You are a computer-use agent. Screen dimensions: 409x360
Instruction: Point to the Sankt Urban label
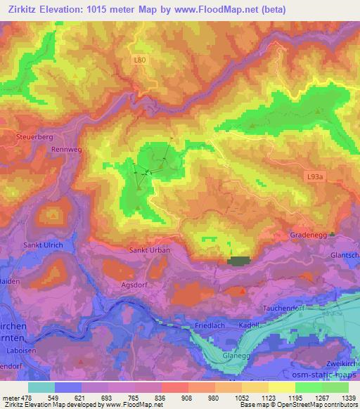pos(148,249)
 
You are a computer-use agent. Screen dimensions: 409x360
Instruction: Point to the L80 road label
pos(141,60)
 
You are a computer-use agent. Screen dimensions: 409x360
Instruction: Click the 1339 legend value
pos(345,398)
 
